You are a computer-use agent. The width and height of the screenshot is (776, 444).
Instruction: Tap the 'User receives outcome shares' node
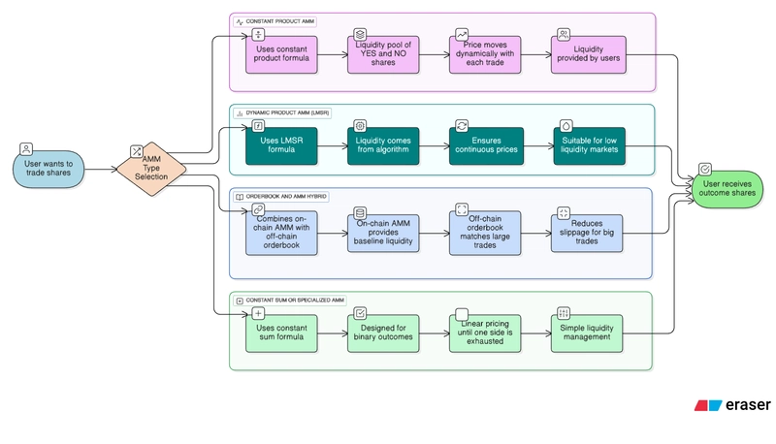click(x=727, y=187)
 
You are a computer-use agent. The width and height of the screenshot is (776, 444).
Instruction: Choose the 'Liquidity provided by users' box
click(x=589, y=56)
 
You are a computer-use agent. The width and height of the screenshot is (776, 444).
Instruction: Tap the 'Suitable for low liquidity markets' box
click(x=589, y=146)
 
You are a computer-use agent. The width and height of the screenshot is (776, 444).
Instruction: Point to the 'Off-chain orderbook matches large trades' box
click(x=484, y=232)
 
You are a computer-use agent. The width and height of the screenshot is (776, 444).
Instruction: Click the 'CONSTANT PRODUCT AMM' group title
click(x=279, y=21)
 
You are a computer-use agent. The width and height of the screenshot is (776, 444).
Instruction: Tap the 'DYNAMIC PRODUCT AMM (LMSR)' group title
click(x=288, y=113)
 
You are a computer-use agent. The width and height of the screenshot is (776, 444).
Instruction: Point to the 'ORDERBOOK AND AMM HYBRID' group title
click(x=286, y=197)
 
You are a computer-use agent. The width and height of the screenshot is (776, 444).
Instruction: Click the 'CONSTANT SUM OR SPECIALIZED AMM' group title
click(x=295, y=301)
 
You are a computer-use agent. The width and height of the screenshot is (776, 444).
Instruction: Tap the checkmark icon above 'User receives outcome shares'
click(x=705, y=170)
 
